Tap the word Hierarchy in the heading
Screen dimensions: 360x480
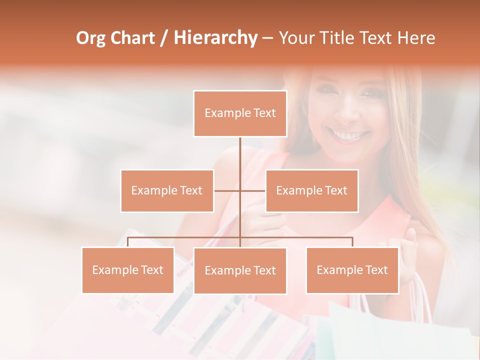click(x=215, y=38)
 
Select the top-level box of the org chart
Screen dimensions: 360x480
click(x=240, y=113)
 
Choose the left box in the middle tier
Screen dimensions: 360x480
click(x=167, y=190)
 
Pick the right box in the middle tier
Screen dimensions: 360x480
click(x=311, y=190)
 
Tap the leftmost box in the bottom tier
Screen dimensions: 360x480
click(x=128, y=270)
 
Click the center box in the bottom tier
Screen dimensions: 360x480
click(x=240, y=270)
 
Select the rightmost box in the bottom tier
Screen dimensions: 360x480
click(x=352, y=270)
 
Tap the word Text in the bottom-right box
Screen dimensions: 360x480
click(x=376, y=270)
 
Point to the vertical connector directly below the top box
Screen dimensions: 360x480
click(x=240, y=152)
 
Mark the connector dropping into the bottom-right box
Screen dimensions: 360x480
click(x=352, y=242)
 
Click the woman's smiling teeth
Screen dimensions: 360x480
click(x=349, y=135)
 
